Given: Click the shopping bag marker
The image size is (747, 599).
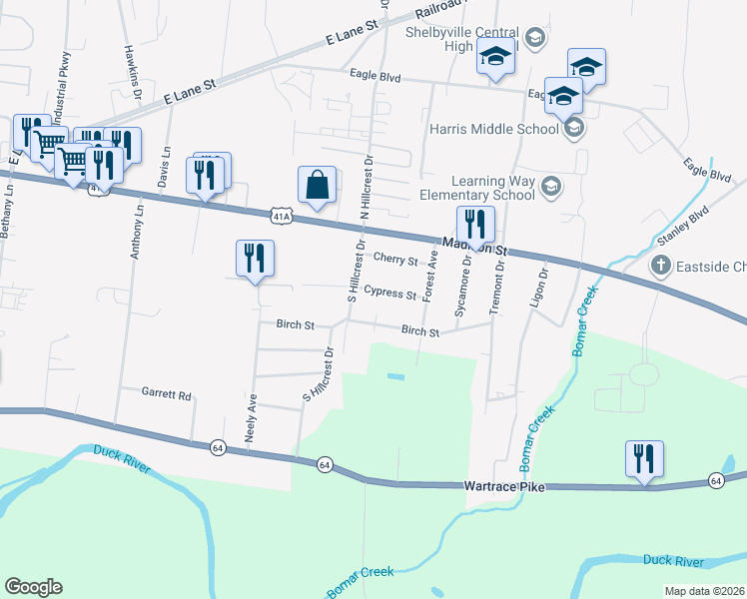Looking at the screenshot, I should [317, 185].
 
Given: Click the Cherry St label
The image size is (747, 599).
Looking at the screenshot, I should [395, 261].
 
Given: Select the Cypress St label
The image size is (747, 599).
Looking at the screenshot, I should [389, 294].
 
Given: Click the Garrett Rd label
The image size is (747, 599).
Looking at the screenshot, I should [166, 394].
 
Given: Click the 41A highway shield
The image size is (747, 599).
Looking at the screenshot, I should [282, 215].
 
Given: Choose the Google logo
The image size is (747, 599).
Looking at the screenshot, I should [33, 586].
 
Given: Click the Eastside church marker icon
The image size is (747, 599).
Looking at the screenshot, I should [659, 266].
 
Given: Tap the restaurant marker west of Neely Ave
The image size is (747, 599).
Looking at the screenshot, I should [255, 259].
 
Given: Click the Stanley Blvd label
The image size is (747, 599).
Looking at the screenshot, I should [682, 228].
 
